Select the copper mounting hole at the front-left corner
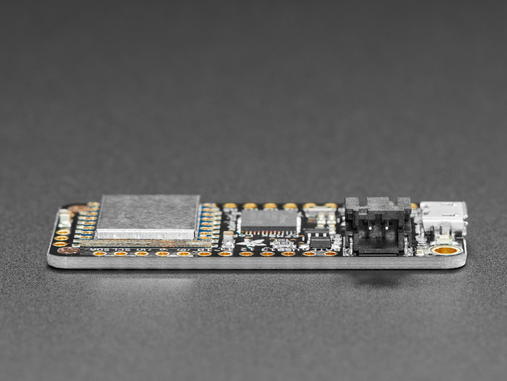click(x=68, y=251)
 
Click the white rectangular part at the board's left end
click(x=64, y=218)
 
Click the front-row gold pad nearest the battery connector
click(x=330, y=253)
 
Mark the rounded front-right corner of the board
click(x=462, y=262)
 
